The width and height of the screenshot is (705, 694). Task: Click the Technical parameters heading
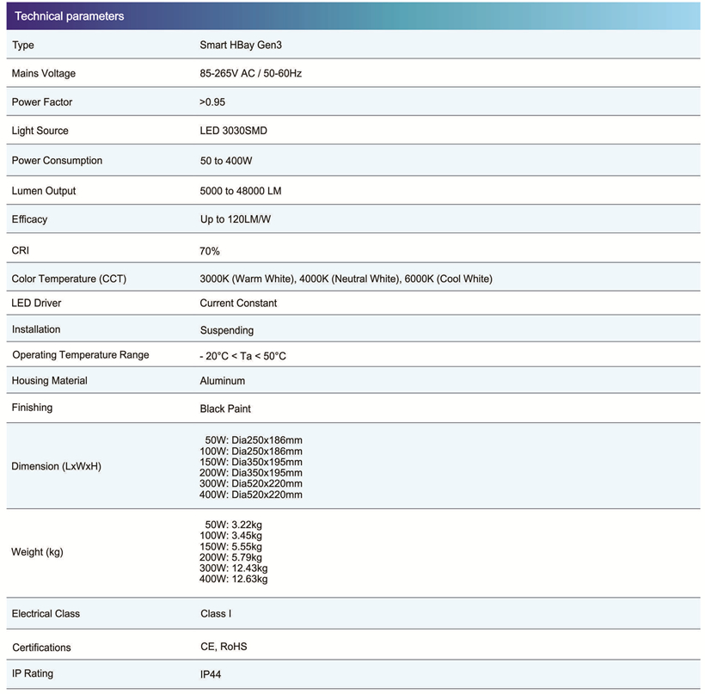[70, 16]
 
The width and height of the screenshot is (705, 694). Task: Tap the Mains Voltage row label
[48, 74]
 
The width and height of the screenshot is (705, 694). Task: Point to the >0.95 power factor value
[212, 102]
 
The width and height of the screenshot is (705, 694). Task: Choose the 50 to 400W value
[225, 161]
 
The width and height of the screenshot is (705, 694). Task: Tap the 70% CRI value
[210, 251]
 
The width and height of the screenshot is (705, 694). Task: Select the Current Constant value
[238, 304]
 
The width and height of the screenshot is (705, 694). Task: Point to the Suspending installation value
[227, 330]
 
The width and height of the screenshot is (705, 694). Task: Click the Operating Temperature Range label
[81, 355]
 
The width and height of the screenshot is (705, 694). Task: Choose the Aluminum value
[223, 381]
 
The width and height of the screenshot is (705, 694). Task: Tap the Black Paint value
[225, 408]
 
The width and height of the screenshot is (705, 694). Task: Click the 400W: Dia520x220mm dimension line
[250, 494]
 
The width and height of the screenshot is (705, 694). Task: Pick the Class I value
[216, 614]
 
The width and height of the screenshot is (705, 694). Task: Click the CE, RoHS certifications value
[224, 647]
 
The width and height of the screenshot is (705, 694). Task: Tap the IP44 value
[211, 675]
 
